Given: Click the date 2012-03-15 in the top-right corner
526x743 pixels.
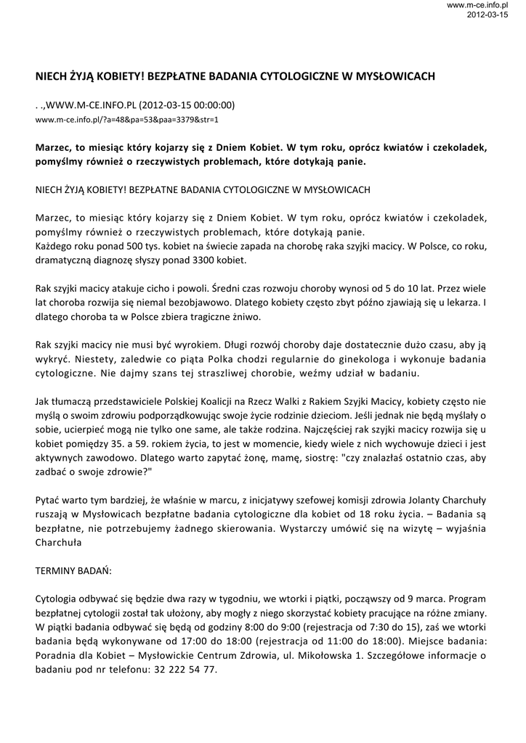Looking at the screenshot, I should click(x=487, y=15).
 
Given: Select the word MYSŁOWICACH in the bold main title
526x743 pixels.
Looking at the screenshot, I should click(x=389, y=75).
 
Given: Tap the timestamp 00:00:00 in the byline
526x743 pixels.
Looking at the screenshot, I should click(x=208, y=104).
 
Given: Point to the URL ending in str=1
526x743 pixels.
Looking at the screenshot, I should click(x=126, y=118).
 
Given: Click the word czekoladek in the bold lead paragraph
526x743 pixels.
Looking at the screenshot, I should click(x=459, y=147).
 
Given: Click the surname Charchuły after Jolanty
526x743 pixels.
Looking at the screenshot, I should click(x=460, y=500).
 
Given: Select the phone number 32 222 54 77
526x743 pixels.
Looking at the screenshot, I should click(x=184, y=668).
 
